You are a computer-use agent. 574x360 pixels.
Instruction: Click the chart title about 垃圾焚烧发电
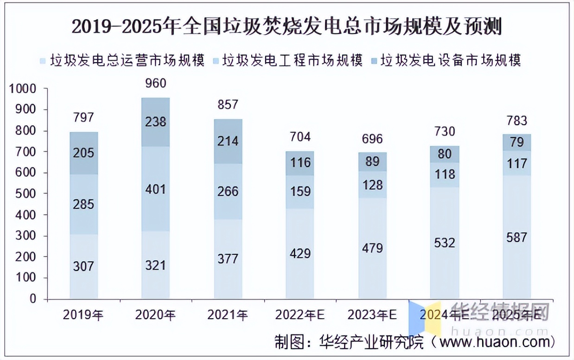[x=287, y=27]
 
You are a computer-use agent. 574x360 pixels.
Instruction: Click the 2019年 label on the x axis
[x=83, y=315]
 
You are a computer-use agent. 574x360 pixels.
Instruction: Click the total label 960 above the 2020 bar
[x=155, y=84]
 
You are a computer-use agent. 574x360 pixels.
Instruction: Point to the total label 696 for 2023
[x=373, y=139]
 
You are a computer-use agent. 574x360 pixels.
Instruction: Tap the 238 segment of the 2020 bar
[x=155, y=122]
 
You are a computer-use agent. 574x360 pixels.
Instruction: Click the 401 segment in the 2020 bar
[x=155, y=189]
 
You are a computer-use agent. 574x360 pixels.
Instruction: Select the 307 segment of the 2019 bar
[x=83, y=266]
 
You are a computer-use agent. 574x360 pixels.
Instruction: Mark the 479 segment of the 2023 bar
[x=373, y=248]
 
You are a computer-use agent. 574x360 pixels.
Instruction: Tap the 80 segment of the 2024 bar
[x=445, y=154]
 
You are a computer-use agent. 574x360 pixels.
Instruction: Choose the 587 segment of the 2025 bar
[x=517, y=238]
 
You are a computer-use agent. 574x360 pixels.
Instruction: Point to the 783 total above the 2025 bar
[x=517, y=121]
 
